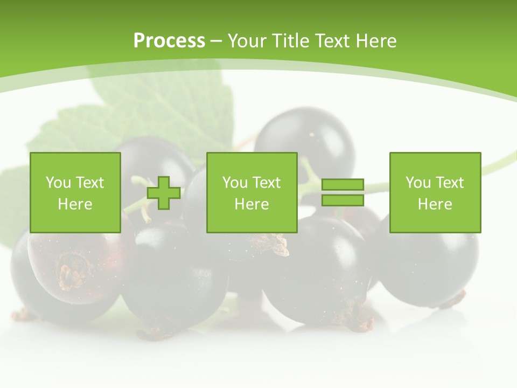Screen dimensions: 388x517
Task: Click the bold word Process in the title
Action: click(169, 41)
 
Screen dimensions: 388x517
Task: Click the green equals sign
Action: click(343, 192)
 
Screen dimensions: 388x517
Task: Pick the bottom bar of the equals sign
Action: click(343, 200)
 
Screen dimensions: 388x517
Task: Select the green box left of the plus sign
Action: click(75, 192)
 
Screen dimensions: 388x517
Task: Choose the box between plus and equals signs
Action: click(251, 192)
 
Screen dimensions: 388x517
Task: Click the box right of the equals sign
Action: click(435, 192)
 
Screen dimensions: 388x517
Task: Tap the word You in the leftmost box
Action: click(58, 183)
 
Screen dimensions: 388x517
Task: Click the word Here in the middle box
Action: click(251, 204)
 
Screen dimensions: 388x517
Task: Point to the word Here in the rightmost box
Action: click(435, 204)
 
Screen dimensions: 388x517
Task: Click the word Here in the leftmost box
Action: click(75, 204)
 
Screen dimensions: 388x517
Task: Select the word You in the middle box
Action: click(234, 183)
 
